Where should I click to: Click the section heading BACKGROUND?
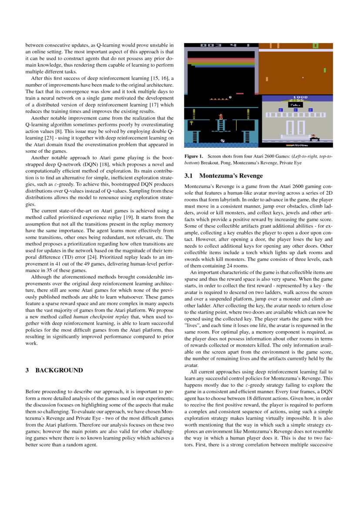point(59,370)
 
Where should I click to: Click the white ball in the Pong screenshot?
point(303,78)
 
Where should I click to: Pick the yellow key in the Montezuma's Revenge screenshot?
point(191,124)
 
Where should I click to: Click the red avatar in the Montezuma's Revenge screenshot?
point(221,116)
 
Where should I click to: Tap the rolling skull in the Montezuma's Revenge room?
point(223,141)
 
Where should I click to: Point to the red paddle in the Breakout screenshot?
point(240,93)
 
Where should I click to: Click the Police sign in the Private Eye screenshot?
point(296,105)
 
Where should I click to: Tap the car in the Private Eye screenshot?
point(314,138)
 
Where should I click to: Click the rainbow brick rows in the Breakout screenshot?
point(221,62)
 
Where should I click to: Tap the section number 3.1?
point(188,176)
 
